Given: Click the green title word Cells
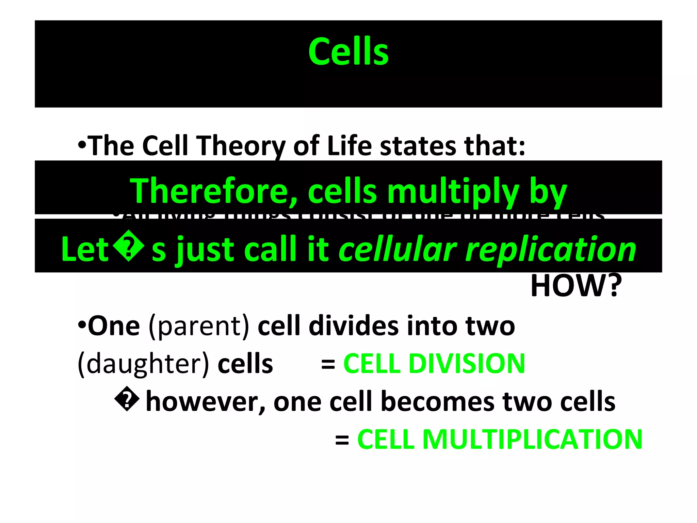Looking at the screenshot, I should (348, 52).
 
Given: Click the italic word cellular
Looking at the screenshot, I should (398, 249).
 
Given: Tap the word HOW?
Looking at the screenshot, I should (576, 286).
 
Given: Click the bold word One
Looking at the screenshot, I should (114, 326).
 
